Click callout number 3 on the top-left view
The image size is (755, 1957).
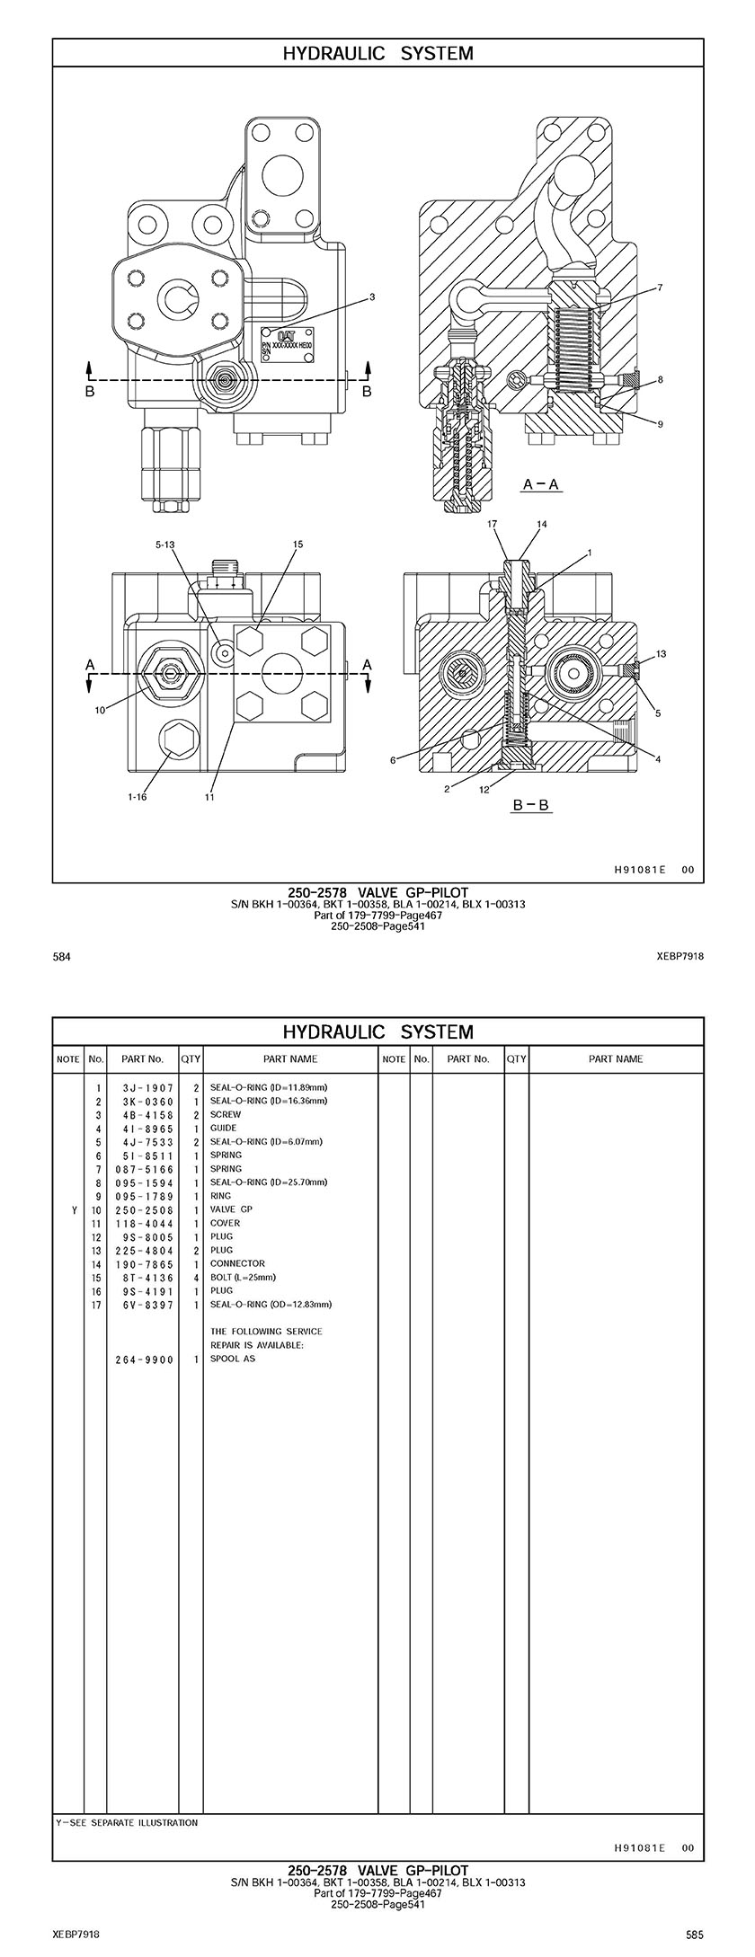[x=372, y=297]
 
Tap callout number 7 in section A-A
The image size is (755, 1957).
[x=660, y=288]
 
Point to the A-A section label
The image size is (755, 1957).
[x=542, y=484]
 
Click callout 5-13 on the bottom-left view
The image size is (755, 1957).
[x=165, y=544]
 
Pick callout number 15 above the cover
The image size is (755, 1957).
[x=298, y=544]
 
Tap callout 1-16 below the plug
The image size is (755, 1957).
[x=137, y=796]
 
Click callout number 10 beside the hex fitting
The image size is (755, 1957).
[x=100, y=710]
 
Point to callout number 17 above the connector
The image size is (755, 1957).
[x=492, y=523]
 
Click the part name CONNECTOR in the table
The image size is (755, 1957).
[x=237, y=1263]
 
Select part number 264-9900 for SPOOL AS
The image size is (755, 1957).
[x=145, y=1359]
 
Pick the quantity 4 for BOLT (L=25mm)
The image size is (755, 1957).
[x=195, y=1277]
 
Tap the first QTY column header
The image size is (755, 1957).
[x=191, y=1058]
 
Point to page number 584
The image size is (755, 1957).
[x=62, y=956]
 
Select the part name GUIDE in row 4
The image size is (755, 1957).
[x=224, y=1128]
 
